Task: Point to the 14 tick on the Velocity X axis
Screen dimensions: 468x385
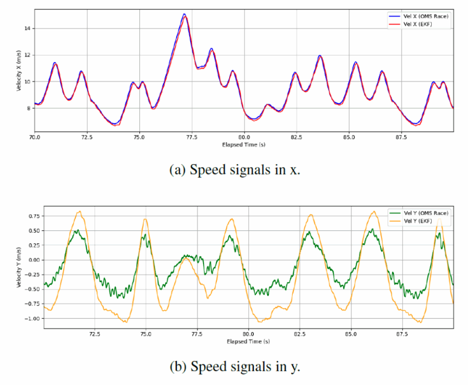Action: click(x=27, y=28)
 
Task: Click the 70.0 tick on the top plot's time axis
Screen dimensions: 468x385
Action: click(x=35, y=137)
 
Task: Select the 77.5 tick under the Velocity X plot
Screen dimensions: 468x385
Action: click(x=192, y=137)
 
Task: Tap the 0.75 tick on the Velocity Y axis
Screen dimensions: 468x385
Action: click(x=34, y=216)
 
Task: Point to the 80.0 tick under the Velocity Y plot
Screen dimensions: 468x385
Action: click(x=248, y=334)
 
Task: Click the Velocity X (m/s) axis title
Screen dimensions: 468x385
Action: click(x=19, y=71)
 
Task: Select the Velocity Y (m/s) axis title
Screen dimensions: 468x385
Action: click(x=19, y=267)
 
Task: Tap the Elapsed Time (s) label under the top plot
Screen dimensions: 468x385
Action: click(x=244, y=145)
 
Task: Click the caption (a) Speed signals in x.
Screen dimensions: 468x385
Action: click(x=235, y=170)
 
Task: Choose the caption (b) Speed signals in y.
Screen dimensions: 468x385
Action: click(x=235, y=366)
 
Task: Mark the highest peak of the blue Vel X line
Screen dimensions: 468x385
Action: click(x=184, y=14)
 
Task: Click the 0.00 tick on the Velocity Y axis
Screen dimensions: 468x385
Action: click(x=34, y=260)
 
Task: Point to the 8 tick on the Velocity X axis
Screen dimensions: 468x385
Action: click(x=29, y=108)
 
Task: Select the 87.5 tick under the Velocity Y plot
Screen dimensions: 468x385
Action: click(x=402, y=334)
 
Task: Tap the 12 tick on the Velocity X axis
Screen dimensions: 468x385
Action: click(x=27, y=55)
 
